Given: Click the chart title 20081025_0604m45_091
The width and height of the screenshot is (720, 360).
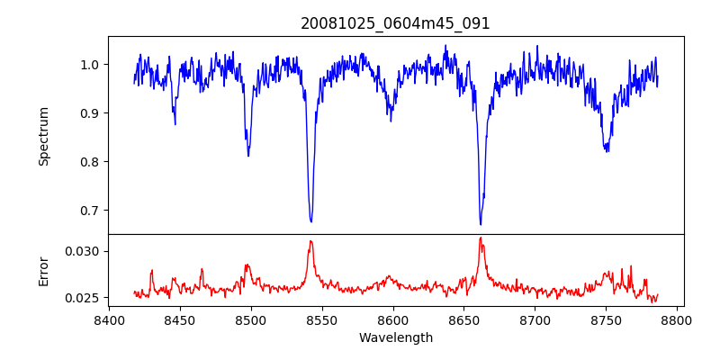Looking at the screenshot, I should [x=395, y=23].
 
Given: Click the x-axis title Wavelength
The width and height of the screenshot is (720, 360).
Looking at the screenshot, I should [x=395, y=337].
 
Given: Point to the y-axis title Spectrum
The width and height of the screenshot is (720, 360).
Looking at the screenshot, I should [x=43, y=136].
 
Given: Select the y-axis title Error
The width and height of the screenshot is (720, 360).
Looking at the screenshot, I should [x=43, y=271].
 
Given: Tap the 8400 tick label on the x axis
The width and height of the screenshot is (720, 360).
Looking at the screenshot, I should [x=108, y=319].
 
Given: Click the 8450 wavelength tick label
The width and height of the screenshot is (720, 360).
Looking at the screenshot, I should [x=179, y=319].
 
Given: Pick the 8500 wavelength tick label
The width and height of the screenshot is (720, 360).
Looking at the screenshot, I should [x=250, y=319].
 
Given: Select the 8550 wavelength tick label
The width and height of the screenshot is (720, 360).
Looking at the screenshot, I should [x=321, y=319].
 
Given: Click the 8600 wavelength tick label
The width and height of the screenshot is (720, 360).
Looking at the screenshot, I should [x=392, y=319].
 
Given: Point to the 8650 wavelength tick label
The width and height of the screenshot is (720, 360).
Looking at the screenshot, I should [x=463, y=319].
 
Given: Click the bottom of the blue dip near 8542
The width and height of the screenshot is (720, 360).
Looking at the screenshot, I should [x=310, y=221].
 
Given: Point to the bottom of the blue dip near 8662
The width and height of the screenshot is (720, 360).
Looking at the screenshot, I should [x=481, y=224].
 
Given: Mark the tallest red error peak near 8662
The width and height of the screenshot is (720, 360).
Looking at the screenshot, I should [x=481, y=238].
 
